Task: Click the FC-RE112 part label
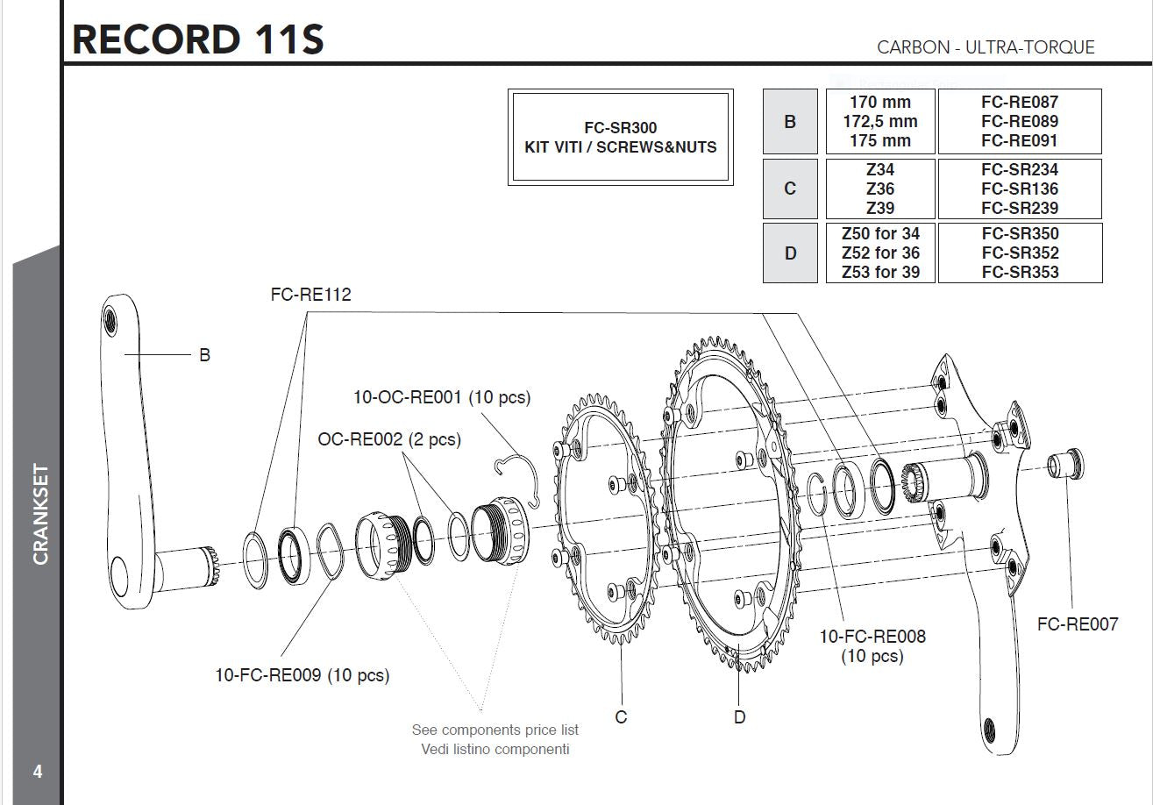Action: [x=310, y=295]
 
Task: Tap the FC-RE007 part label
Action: [x=1078, y=624]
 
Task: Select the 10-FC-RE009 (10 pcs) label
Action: [x=302, y=675]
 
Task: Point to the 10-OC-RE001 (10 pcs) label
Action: [x=442, y=397]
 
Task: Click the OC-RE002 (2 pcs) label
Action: [x=389, y=438]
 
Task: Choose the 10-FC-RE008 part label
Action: [x=872, y=637]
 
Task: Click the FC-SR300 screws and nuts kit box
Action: [x=620, y=138]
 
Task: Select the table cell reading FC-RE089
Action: [x=1020, y=121]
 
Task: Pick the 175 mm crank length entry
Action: [x=880, y=140]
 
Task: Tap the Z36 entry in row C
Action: [x=880, y=189]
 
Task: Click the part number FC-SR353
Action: [x=1020, y=272]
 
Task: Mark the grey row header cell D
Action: [x=790, y=253]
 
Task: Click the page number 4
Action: [x=38, y=772]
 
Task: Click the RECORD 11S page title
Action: [x=198, y=39]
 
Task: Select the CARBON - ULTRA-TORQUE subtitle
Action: [x=986, y=47]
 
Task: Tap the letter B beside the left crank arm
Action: [x=204, y=355]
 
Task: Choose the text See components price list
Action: [x=495, y=730]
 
